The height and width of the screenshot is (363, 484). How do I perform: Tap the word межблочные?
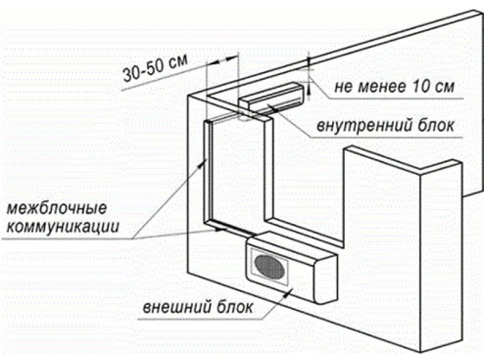(57, 209)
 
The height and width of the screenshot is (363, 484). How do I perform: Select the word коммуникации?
(63, 227)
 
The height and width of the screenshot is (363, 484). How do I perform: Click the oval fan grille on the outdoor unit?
(270, 267)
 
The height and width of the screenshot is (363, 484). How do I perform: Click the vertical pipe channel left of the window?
(208, 172)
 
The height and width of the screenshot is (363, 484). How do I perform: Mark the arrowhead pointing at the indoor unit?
(270, 106)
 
